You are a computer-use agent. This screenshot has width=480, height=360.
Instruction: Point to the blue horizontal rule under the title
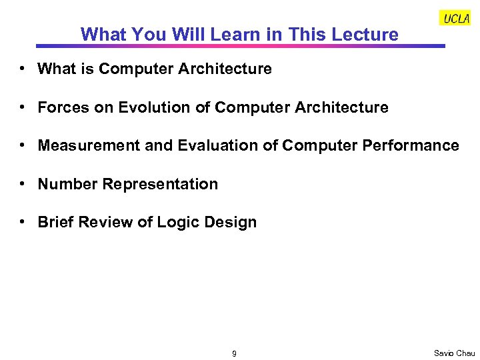[x=240, y=46]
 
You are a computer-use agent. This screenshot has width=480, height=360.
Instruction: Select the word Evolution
[x=151, y=107]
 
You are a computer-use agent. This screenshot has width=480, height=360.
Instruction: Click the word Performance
[x=415, y=145]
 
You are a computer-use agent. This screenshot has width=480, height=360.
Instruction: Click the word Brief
[x=56, y=222]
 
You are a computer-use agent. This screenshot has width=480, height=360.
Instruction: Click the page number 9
[x=234, y=353]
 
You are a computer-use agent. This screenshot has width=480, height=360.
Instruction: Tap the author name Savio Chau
[x=454, y=353]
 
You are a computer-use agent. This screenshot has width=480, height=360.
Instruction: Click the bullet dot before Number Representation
[x=23, y=184]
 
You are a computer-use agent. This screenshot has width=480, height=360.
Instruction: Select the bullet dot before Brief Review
[x=23, y=222]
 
